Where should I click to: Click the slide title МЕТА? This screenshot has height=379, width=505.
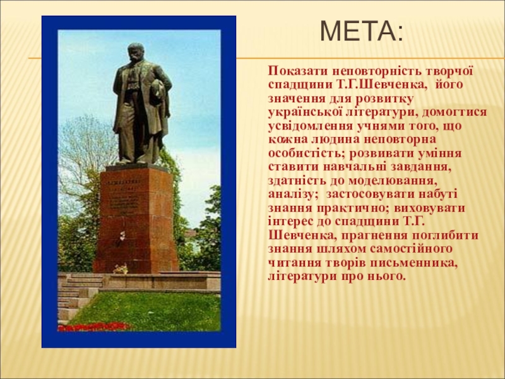click(x=361, y=31)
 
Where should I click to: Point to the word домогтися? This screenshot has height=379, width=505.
click(x=454, y=112)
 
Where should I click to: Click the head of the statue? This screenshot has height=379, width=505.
click(x=136, y=52)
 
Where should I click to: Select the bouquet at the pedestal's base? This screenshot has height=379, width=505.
click(x=121, y=268)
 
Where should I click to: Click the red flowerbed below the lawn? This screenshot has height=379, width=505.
click(x=94, y=327)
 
